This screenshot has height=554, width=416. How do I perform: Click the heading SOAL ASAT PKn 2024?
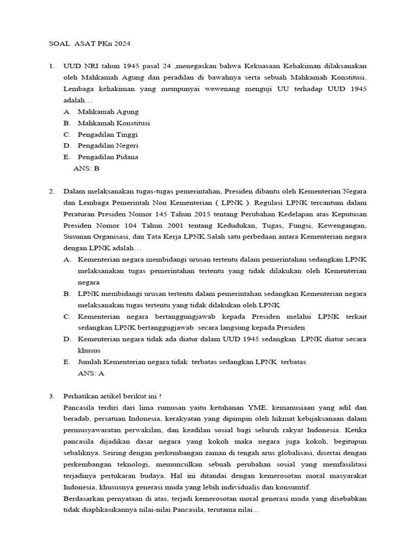click(86, 43)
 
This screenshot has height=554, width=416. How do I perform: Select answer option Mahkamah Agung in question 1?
click(108, 111)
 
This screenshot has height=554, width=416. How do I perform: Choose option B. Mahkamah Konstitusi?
click(114, 123)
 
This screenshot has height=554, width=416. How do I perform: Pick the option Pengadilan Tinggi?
click(107, 134)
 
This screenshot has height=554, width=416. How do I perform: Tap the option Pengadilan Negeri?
click(108, 146)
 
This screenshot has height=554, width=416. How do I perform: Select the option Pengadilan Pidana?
click(108, 157)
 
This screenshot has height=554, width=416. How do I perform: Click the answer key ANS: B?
click(86, 168)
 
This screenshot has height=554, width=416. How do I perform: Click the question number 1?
click(51, 66)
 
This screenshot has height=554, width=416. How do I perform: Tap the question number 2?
click(51, 192)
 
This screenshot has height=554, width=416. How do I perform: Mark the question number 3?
click(51, 395)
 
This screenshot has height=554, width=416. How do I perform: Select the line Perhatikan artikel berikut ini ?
click(108, 395)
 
